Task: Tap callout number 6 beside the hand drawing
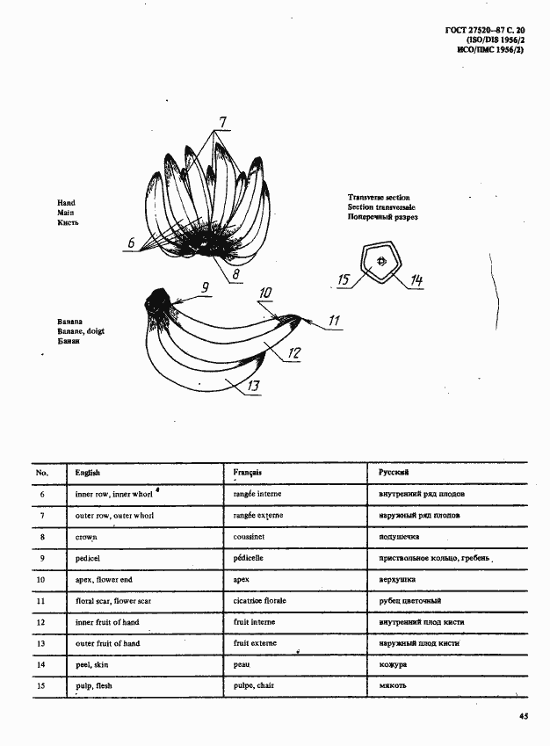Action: pos(131,243)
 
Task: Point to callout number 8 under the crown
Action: pos(235,274)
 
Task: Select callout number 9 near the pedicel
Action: pos(204,287)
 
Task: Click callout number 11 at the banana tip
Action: pos(334,321)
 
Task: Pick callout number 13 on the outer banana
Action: pos(253,385)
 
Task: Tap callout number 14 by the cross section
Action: pos(416,280)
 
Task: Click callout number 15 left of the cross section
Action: pos(344,280)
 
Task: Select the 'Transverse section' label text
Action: pos(379,198)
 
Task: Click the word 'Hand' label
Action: pos(66,203)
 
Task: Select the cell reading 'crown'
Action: pos(86,537)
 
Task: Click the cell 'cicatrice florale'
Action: pos(260,601)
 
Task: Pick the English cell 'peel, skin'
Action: pos(94,665)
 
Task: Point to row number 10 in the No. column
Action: pos(40,580)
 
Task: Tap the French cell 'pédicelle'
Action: pos(250,558)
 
